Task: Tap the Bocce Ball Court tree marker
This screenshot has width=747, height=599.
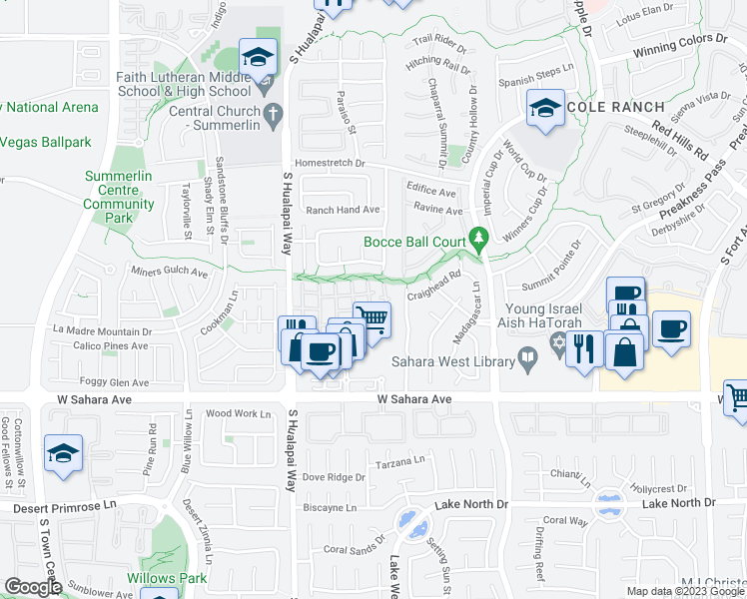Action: click(479, 238)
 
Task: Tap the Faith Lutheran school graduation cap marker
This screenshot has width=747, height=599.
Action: click(258, 58)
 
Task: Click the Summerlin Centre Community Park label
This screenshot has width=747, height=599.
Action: click(119, 197)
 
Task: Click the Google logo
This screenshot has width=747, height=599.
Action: click(32, 588)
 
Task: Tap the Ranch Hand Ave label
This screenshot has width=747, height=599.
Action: click(343, 210)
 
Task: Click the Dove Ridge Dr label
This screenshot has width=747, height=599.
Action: click(334, 477)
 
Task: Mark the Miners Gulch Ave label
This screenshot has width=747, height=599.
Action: click(169, 272)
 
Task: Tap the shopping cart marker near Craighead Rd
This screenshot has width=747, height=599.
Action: click(372, 319)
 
